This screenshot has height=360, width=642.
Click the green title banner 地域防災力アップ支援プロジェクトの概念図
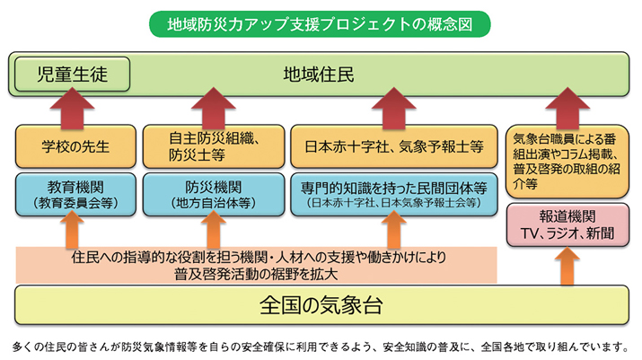321,24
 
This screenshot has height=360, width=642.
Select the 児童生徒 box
72,74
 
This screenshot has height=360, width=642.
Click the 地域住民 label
319,74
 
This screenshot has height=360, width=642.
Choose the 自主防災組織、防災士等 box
213,146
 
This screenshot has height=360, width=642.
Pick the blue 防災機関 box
213,195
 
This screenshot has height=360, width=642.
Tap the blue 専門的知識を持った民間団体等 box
392,195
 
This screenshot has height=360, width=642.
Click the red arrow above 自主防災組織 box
213,108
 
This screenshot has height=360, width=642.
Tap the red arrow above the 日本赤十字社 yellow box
392,108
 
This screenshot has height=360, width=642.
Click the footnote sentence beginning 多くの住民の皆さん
321,346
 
